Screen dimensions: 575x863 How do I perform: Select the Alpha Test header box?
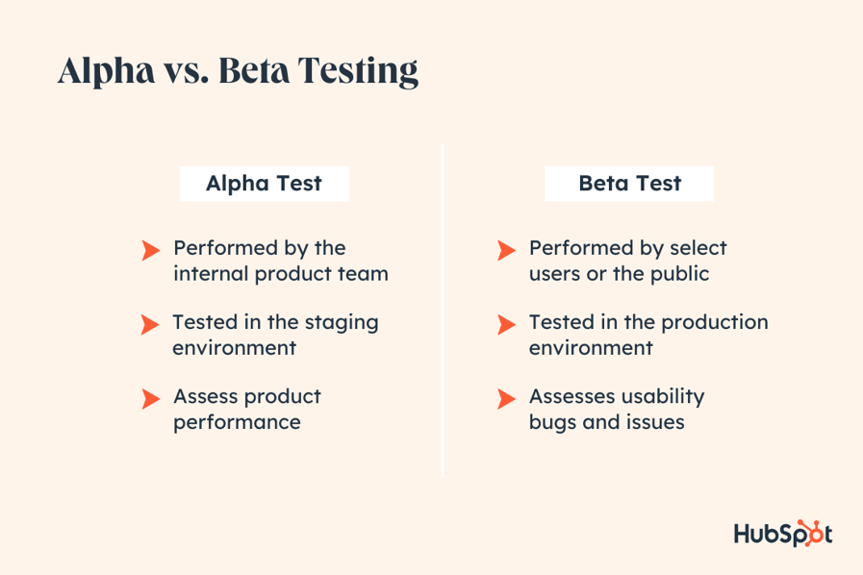264,184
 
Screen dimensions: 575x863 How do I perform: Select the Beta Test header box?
629,184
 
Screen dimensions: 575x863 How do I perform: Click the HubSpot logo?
782,534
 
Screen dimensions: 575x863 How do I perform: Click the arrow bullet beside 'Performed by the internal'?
150,251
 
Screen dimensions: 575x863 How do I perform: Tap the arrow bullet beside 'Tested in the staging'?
150,325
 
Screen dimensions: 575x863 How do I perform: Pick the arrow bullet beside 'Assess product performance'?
150,398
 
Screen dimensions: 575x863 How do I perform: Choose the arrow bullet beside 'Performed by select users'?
507,251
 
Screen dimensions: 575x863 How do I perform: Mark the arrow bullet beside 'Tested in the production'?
507,325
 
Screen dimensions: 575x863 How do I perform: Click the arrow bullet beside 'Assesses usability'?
507,398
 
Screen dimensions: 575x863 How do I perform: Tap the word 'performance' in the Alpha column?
237,422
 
